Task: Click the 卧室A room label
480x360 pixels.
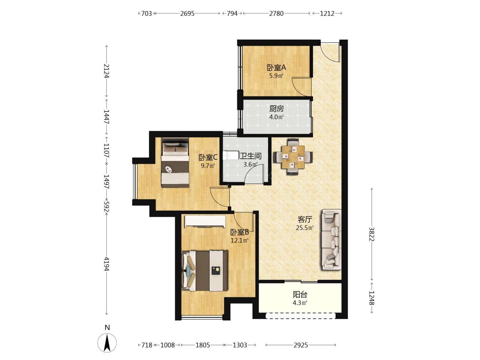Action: point(276,68)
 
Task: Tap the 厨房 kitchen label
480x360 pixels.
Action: point(277,109)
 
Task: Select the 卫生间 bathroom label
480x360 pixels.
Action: point(251,156)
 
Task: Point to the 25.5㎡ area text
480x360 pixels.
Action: point(305,228)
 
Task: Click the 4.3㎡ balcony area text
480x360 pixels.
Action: point(300,303)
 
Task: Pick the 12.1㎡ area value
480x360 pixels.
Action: point(239,241)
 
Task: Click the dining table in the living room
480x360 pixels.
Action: point(293,157)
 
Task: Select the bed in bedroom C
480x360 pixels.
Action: point(175,162)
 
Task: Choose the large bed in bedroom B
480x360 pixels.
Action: point(205,271)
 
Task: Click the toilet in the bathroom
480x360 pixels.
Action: point(231,155)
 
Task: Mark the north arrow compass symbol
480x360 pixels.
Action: point(107,343)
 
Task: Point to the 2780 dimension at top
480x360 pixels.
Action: point(276,14)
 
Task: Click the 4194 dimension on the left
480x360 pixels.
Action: point(106,264)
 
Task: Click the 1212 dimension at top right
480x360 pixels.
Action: point(327,14)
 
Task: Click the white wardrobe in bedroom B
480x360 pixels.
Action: point(205,221)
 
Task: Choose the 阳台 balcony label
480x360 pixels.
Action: point(300,295)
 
